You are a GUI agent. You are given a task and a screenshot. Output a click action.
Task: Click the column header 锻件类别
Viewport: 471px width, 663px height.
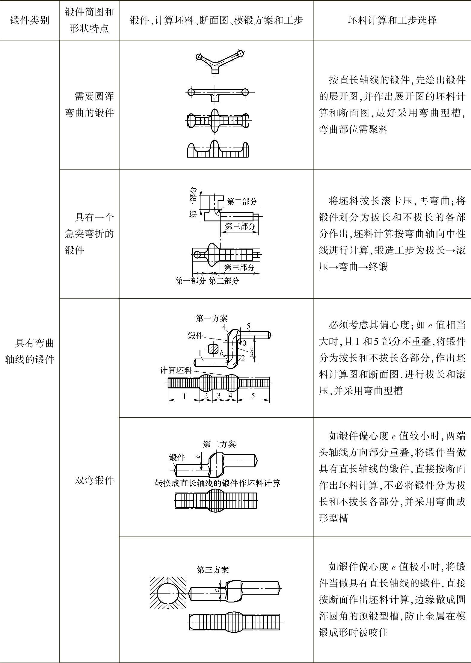[30, 20]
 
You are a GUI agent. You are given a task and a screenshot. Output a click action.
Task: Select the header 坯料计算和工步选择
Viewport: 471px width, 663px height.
[392, 20]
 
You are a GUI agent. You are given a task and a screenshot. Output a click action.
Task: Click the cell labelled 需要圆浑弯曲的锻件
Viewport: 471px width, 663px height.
[89, 105]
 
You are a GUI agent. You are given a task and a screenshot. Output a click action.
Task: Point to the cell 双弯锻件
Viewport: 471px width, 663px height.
[94, 481]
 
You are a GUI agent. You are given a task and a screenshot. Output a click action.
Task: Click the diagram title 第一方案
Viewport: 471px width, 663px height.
[212, 318]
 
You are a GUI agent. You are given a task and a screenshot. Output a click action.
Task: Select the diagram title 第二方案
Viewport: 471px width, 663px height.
[219, 444]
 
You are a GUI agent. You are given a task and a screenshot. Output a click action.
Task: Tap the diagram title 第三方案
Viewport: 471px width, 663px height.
[213, 570]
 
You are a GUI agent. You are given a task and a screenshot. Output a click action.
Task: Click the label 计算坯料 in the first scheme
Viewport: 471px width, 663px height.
[176, 370]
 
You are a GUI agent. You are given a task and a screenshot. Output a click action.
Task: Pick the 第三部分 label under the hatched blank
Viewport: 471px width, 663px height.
[239, 267]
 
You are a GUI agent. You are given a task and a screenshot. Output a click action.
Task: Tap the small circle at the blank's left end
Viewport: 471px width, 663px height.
[197, 255]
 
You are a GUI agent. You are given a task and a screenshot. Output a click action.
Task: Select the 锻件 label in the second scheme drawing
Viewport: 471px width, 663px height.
[177, 457]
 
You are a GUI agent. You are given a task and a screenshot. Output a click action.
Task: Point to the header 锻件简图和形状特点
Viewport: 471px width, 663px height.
[89, 20]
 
